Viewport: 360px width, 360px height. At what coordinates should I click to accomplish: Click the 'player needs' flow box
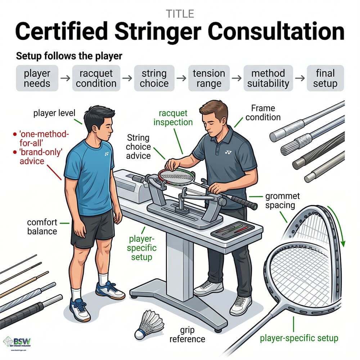pyautogui.click(x=37, y=78)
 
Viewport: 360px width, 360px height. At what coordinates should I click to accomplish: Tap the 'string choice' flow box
pyautogui.click(x=154, y=78)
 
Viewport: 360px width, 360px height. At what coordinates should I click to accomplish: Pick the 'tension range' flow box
pyautogui.click(x=209, y=78)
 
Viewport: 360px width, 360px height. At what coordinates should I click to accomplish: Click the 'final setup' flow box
pyautogui.click(x=325, y=78)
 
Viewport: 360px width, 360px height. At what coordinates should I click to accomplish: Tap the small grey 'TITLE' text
pyautogui.click(x=180, y=14)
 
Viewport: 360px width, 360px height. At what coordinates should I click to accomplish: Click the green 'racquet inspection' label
pyautogui.click(x=173, y=117)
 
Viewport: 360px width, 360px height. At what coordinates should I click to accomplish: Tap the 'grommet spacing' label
pyautogui.click(x=280, y=201)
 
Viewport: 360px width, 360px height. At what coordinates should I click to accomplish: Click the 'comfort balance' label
pyautogui.click(x=42, y=226)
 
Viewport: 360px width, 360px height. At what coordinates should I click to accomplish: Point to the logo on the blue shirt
pyautogui.click(x=107, y=154)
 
